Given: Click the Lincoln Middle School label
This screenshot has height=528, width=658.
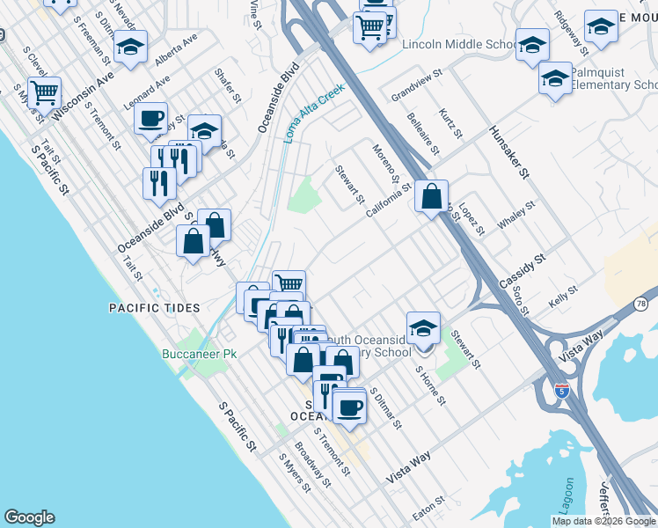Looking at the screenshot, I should click(x=458, y=45).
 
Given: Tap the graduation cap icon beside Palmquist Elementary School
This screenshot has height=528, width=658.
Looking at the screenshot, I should click(x=554, y=77).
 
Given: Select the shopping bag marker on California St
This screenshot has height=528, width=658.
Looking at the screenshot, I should click(x=432, y=196).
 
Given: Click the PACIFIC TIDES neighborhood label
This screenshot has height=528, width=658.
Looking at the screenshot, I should click(x=154, y=308).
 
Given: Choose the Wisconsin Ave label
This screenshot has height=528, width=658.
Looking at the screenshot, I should click(x=84, y=97).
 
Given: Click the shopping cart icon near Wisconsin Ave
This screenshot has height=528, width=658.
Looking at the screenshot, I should click(x=43, y=91).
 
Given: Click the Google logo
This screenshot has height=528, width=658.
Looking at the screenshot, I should click(x=29, y=517).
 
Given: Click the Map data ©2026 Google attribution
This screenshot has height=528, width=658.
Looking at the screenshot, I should click(x=603, y=521).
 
